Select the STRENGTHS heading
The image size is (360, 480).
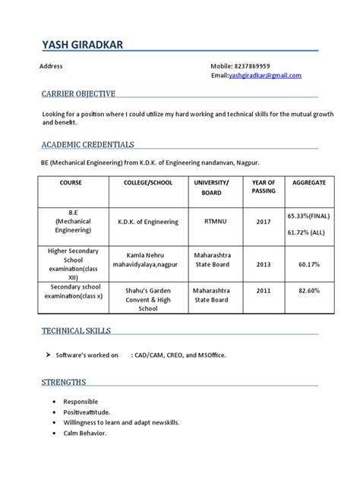pos(64,381)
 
